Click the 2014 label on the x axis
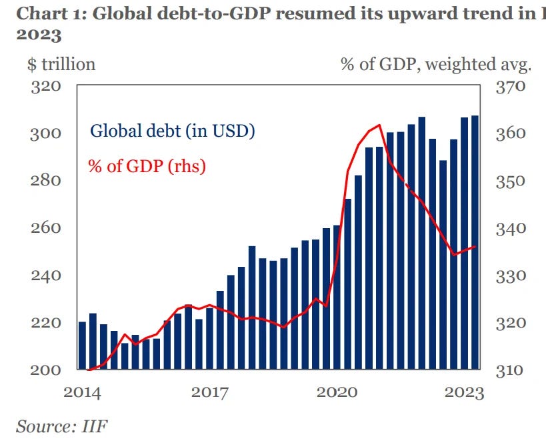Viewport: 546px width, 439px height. coord(82,392)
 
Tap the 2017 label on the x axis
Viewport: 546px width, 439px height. coord(210,392)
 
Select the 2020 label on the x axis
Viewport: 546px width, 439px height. coord(338,392)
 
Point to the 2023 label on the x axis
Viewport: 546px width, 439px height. coord(465,392)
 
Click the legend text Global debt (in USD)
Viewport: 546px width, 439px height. coord(173,131)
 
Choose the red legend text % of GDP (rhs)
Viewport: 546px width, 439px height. coord(147,165)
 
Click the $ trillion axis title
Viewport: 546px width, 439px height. coord(61,65)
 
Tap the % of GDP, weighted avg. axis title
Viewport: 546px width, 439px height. coord(436,65)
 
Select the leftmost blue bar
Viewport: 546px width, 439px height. coord(82,346)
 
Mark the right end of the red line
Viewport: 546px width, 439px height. coord(475,247)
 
